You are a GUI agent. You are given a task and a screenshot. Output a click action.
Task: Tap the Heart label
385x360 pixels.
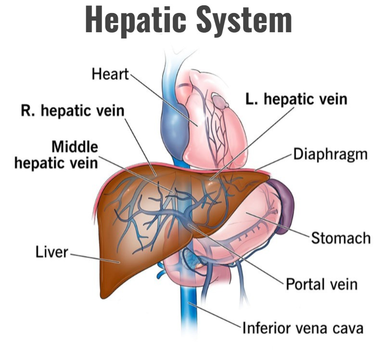(110, 74)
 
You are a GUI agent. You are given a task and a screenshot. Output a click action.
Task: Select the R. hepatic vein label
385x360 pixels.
(72, 111)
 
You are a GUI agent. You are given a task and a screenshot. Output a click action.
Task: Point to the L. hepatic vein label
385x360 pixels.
(296, 99)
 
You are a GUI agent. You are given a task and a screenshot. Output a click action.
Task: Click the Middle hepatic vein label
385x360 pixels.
(56, 154)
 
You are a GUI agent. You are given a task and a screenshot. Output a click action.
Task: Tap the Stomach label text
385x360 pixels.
(341, 237)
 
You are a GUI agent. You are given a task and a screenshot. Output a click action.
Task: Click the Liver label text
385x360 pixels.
(51, 251)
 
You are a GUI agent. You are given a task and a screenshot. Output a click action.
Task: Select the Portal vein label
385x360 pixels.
(321, 284)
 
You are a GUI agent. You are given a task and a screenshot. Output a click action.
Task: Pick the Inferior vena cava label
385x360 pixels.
(302, 328)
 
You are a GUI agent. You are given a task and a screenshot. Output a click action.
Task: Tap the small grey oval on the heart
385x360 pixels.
(221, 101)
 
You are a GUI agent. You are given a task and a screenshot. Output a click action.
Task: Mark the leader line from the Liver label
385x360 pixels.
(94, 257)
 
